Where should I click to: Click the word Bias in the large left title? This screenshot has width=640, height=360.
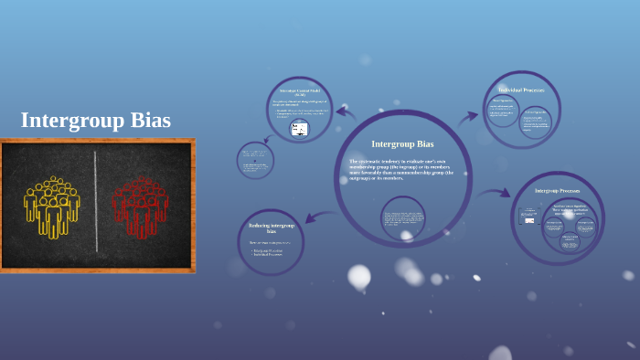tap(147, 121)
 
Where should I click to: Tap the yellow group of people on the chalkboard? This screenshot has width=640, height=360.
tap(52, 206)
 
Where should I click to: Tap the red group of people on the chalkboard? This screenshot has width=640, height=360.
tap(140, 206)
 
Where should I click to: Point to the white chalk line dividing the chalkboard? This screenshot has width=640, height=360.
tap(96, 203)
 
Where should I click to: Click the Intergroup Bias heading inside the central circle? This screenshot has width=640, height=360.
tap(402, 143)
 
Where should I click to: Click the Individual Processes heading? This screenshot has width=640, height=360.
tap(521, 90)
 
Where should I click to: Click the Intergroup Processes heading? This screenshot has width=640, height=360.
tap(557, 191)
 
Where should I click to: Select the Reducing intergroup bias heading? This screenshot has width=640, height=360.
tap(272, 228)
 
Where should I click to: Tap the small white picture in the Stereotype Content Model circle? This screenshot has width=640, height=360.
tap(299, 129)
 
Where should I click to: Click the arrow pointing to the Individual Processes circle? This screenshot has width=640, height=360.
tap(469, 116)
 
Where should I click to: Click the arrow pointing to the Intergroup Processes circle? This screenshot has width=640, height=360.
tap(494, 193)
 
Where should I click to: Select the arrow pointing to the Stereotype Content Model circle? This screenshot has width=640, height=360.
tap(345, 112)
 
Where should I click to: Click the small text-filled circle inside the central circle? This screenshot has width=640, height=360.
tap(402, 218)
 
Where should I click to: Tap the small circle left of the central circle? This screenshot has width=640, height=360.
tap(255, 161)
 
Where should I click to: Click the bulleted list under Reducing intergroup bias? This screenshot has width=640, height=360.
tap(269, 252)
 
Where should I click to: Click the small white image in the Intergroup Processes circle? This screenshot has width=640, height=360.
tap(528, 217)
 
